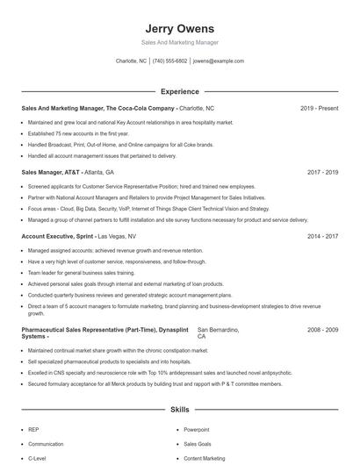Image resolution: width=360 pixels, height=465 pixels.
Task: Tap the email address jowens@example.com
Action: click(218, 61)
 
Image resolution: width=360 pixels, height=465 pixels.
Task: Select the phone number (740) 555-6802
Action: click(169, 61)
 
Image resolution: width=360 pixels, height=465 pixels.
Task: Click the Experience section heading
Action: click(179, 91)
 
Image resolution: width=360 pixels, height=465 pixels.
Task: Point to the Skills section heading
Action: click(179, 410)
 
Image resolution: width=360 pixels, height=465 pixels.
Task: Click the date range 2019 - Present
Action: click(319, 108)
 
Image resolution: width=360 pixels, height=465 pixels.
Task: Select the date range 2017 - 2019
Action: click(322, 173)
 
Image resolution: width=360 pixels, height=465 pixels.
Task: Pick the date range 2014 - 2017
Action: click(322, 237)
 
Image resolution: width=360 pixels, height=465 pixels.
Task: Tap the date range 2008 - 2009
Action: click(322, 329)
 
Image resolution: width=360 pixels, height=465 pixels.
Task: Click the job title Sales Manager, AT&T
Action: click(51, 173)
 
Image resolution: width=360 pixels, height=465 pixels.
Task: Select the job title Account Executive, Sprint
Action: click(56, 237)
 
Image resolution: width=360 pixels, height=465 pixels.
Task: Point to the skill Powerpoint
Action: click(196, 430)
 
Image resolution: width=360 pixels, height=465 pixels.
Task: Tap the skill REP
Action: click(33, 430)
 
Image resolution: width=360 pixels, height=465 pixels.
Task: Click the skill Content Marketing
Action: click(205, 458)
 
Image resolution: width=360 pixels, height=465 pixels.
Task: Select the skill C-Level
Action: click(37, 458)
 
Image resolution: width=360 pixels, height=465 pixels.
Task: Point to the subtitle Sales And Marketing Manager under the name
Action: click(179, 43)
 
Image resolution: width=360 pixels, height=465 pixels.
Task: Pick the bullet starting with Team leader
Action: click(78, 274)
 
